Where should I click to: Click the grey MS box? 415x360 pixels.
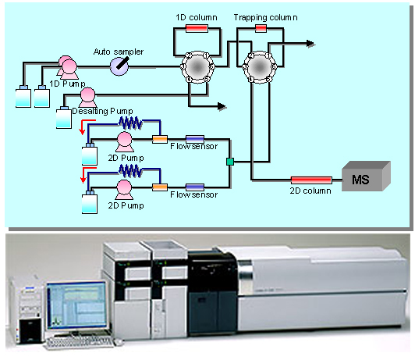coord(366,176)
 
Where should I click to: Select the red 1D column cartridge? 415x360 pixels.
coord(197,28)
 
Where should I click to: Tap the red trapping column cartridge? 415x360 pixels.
coord(261,28)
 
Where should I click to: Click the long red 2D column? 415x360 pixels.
coord(311,180)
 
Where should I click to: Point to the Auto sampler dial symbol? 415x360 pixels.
coord(119,66)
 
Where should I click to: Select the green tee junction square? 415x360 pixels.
coord(230,162)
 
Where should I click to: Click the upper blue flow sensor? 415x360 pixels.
coord(195,139)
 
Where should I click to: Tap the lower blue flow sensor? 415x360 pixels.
coord(195,187)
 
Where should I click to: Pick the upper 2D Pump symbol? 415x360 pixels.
coord(124,142)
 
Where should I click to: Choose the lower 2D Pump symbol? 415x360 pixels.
coord(124,190)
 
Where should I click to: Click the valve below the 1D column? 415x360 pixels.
coord(197,67)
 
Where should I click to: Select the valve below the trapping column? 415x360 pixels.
coord(260,67)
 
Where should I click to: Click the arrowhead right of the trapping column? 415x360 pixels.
coord(310,44)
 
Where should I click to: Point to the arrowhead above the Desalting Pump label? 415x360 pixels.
coord(222,106)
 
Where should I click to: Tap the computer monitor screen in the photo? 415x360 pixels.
coord(77,305)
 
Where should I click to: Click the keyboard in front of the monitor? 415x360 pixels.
coord(80,342)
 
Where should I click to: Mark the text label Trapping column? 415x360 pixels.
coord(265,18)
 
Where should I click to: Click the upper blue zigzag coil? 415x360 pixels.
coord(130,123)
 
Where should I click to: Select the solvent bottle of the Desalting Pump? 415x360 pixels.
coord(64,118)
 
